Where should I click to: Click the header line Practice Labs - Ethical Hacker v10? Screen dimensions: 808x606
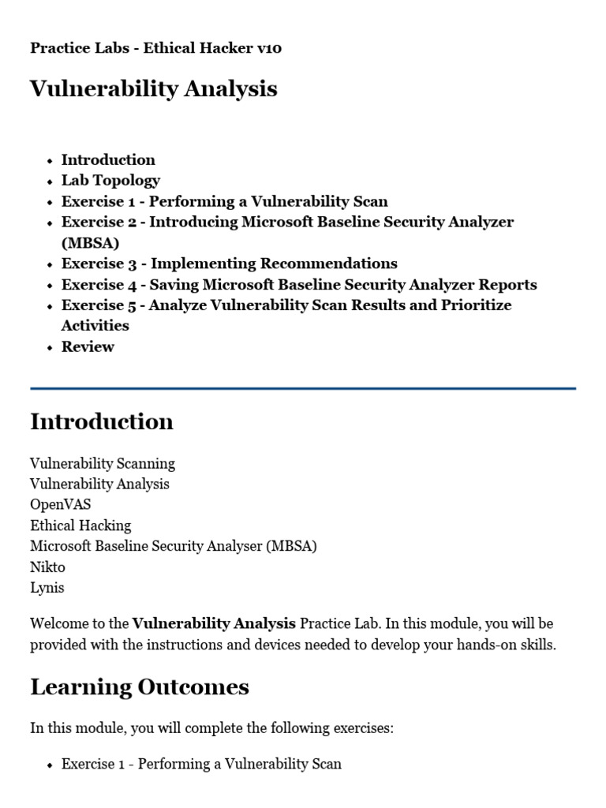coord(155,48)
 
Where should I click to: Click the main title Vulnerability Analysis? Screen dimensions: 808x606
coord(153,88)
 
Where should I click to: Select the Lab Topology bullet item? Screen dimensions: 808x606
coord(110,180)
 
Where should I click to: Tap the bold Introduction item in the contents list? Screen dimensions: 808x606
coord(108,159)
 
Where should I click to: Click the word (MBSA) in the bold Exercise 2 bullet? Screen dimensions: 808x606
coord(90,242)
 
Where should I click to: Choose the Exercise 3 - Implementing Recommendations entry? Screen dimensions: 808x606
coord(229,264)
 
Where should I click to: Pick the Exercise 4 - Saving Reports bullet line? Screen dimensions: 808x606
coord(299,284)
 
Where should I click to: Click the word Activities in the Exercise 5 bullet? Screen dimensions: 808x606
coord(95,325)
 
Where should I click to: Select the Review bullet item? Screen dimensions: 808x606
coord(88,346)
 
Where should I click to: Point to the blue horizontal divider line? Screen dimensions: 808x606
coord(303,388)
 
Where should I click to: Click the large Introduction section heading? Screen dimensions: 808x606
coord(102,421)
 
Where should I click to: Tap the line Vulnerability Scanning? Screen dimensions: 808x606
coord(103,463)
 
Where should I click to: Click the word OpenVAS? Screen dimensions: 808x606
coord(60,504)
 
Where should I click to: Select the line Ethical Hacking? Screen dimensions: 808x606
coord(80,525)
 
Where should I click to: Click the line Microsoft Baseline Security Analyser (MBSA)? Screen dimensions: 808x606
coord(173,546)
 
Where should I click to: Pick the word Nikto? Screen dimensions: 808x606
coord(47,567)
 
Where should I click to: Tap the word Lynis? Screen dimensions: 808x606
coord(47,587)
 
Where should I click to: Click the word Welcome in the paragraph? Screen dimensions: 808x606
coord(58,623)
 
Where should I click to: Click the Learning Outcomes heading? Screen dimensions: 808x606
coord(139,686)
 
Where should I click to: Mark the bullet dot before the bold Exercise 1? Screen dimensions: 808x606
coord(50,202)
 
